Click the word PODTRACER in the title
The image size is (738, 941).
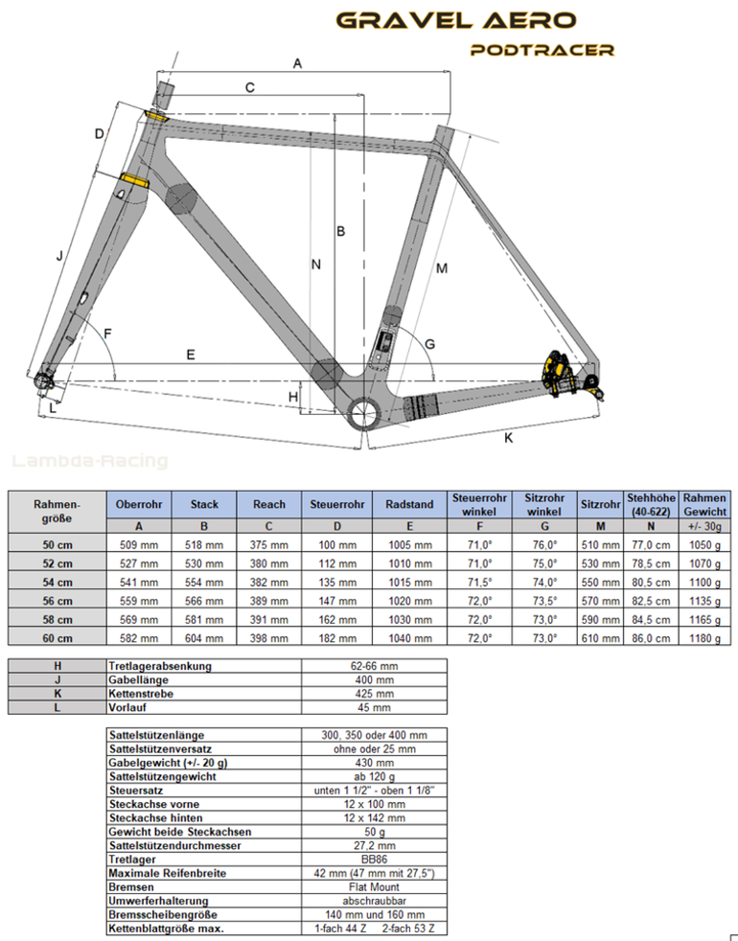(542, 50)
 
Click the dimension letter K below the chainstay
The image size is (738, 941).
(509, 438)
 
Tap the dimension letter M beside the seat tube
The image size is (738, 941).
(442, 268)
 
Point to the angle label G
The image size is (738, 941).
(429, 344)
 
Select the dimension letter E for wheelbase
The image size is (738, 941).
(191, 355)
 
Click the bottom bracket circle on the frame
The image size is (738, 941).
(364, 412)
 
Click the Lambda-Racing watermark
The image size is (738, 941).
(90, 461)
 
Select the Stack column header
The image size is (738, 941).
(204, 504)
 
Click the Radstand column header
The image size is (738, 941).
(409, 504)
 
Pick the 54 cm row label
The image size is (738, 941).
(58, 582)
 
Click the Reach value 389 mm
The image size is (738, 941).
(269, 601)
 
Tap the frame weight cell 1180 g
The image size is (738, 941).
(705, 638)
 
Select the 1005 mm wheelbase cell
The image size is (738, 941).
(409, 545)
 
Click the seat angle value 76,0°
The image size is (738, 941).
(544, 545)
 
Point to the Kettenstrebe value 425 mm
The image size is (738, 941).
(374, 694)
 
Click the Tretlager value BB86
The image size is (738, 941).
(374, 860)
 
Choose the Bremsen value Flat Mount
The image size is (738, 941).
(374, 887)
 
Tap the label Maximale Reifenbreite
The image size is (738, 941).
(168, 873)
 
